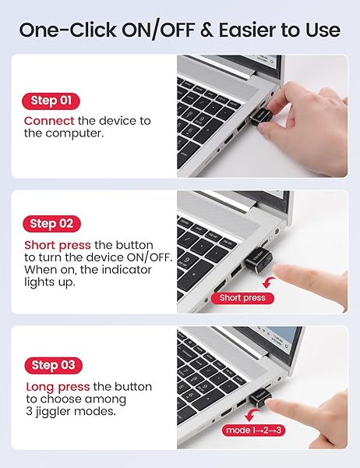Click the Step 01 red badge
coord(51,101)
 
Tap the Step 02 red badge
coord(51,224)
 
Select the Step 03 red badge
coord(51,365)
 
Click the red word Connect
coord(49,121)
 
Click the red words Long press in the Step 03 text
coord(56,387)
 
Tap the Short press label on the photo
coord(242,297)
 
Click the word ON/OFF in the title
coord(158,30)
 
